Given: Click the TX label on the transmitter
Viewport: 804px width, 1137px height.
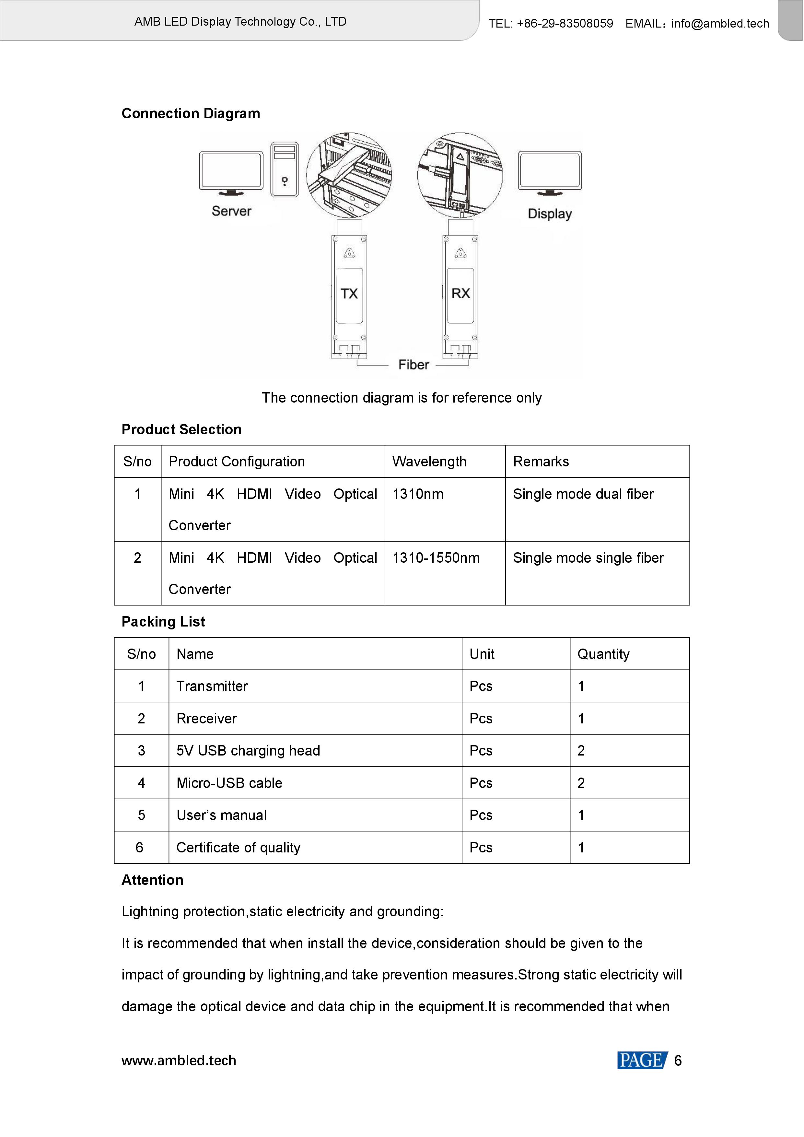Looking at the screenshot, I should [x=349, y=294].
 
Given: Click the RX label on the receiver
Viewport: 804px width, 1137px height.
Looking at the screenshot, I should [x=460, y=293].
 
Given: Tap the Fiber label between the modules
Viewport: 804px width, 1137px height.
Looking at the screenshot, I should [x=414, y=365].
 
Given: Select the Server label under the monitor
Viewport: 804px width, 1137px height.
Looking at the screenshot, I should [x=231, y=211].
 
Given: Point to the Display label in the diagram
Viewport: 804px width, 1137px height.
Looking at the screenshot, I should [x=550, y=214].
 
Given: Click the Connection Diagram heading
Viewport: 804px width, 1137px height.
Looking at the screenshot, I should [x=191, y=113].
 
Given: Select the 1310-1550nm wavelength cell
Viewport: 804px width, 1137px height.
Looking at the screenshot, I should [x=436, y=558].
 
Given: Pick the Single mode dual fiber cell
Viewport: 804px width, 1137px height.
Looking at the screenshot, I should [x=583, y=494].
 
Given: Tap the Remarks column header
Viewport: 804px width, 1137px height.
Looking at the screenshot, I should [x=541, y=462].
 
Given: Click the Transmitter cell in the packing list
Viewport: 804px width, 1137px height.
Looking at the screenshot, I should [x=212, y=686].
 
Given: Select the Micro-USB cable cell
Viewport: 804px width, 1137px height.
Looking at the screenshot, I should [x=229, y=783].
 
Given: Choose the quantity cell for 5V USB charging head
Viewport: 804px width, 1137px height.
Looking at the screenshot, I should [x=581, y=751].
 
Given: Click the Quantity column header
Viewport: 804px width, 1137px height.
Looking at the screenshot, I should [x=603, y=654].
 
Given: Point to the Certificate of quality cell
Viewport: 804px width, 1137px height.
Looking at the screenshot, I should [x=238, y=848].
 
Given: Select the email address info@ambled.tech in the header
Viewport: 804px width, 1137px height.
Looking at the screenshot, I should [x=720, y=23].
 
